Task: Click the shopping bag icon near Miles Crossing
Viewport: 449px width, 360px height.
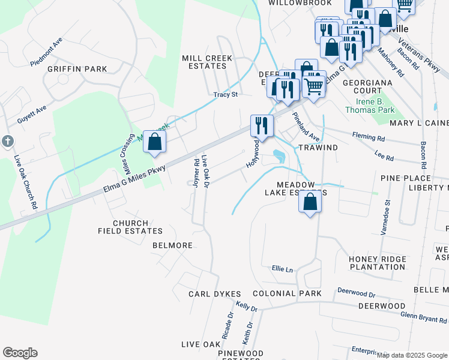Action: tap(155, 143)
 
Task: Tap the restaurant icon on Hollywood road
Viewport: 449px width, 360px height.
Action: tap(262, 126)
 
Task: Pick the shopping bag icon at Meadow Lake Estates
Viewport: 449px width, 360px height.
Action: tap(310, 202)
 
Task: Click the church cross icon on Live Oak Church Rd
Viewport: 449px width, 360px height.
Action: tap(7, 141)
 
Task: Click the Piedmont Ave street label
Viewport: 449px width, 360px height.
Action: tap(49, 52)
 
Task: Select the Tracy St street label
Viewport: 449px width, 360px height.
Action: tap(226, 95)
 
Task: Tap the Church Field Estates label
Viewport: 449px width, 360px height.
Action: tap(129, 227)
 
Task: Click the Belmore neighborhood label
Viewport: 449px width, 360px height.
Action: tap(172, 245)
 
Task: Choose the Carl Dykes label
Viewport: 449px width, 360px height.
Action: tap(214, 294)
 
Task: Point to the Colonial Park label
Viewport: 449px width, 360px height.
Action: tap(287, 293)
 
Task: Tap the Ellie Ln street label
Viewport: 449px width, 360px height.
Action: tap(282, 269)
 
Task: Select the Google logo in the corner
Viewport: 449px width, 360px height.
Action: tap(20, 353)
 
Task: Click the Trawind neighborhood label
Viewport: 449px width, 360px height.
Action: tap(318, 147)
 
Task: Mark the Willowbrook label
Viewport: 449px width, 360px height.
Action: tap(292, 3)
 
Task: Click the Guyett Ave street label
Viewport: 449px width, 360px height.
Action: tap(32, 115)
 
